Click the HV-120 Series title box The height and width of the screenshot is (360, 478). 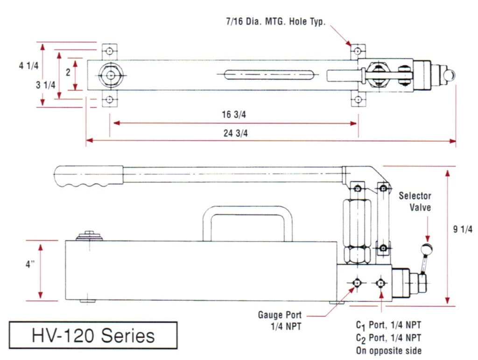point(93,335)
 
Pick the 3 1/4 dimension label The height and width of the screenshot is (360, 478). point(46,85)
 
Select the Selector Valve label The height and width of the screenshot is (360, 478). point(415,202)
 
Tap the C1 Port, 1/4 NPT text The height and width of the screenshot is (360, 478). point(388,325)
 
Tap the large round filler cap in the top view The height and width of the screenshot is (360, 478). point(110,75)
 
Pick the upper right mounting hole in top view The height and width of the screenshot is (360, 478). point(358,50)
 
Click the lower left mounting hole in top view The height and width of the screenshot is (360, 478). point(110,99)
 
